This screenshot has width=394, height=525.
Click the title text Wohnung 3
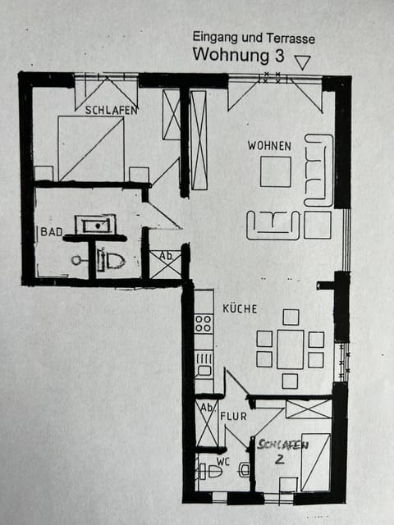[x=237, y=56]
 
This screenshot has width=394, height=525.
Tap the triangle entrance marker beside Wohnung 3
[x=302, y=62]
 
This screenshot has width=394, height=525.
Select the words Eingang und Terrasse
[x=253, y=37]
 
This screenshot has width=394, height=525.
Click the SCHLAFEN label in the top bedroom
[x=106, y=109]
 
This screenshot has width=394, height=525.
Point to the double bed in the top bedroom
[x=90, y=148]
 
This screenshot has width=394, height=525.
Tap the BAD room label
[x=51, y=232]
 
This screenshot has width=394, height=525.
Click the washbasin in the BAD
[x=95, y=224]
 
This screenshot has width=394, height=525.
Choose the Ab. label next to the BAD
[x=165, y=256]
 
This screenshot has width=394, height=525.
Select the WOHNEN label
[x=269, y=146]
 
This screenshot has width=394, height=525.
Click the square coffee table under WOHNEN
[x=275, y=171]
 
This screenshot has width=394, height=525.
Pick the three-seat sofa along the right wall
[x=318, y=170]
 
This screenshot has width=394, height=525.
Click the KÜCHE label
[x=240, y=309]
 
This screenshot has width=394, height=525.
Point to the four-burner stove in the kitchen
[x=203, y=323]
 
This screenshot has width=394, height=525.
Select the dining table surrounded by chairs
[x=290, y=349]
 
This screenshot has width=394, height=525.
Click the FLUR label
[x=233, y=417]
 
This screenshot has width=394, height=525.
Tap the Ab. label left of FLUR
[x=207, y=408]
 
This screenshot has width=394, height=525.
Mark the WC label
[x=223, y=461]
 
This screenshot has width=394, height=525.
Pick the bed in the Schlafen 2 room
[x=316, y=461]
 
